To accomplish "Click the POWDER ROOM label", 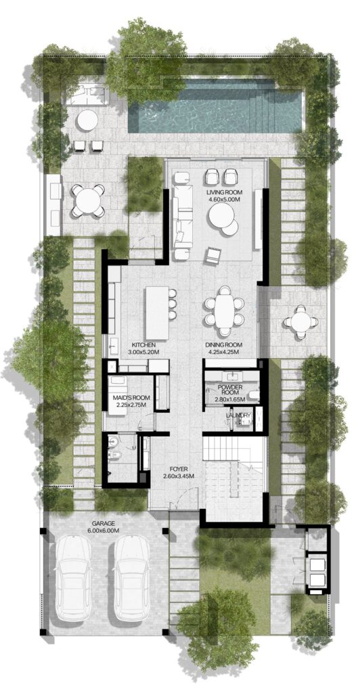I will click(229, 390).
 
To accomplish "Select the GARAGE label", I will click(104, 523).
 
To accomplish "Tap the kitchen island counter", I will click(156, 313).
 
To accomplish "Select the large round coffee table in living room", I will click(222, 219).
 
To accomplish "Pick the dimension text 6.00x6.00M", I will click(104, 531).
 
